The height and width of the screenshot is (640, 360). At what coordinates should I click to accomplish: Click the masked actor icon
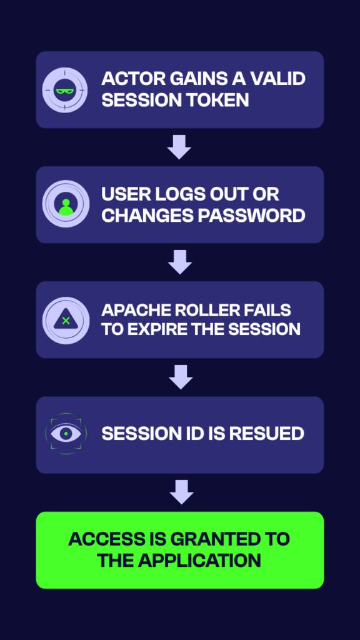pos(65,90)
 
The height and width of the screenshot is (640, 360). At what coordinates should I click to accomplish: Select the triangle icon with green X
pos(66,320)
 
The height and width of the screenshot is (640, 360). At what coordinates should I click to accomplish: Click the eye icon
pos(66,434)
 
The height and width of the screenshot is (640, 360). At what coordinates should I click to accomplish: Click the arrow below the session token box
pos(179,147)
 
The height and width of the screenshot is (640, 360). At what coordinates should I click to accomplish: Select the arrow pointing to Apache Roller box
pos(180,262)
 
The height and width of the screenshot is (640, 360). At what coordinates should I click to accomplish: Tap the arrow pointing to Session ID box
pos(181,377)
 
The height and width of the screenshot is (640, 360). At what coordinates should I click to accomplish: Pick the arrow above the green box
pos(181,492)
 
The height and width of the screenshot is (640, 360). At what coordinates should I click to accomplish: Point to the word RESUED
pos(266,434)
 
